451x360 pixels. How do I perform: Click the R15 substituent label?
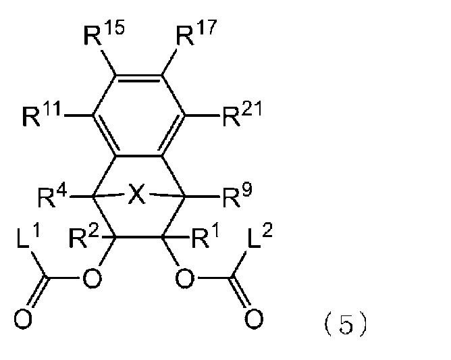click(x=104, y=34)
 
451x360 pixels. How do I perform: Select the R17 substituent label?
click(x=196, y=32)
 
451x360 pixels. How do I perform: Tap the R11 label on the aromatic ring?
click(x=41, y=114)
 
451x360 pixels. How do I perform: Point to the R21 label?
click(x=242, y=114)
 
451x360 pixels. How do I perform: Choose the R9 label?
click(x=237, y=195)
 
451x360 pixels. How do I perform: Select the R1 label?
click(x=205, y=236)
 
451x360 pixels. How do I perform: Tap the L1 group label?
click(x=28, y=236)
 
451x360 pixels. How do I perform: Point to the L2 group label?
click(x=260, y=236)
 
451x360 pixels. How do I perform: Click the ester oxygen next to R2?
click(x=92, y=278)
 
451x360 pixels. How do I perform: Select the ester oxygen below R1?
click(x=185, y=278)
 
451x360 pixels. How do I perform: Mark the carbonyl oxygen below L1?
click(x=23, y=319)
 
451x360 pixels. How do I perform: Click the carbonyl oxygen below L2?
click(x=254, y=319)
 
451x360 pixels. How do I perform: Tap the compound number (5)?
click(x=346, y=325)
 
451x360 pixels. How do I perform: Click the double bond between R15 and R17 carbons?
click(x=138, y=78)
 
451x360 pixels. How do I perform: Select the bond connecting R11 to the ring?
click(x=78, y=115)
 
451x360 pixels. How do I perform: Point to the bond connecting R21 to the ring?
click(x=202, y=115)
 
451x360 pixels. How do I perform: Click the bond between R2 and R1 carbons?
click(x=138, y=237)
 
